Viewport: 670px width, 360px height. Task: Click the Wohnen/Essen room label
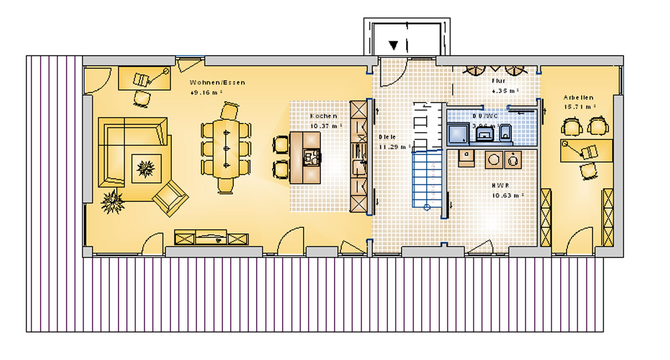click(217, 82)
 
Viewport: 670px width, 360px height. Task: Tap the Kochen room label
click(323, 116)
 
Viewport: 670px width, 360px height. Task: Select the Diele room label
click(387, 137)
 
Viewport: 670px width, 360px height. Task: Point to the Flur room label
click(498, 81)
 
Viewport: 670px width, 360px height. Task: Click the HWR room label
click(500, 185)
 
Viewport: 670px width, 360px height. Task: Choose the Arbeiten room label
click(578, 98)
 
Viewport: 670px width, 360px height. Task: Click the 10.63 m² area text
click(507, 195)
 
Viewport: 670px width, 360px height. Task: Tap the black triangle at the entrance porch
click(393, 45)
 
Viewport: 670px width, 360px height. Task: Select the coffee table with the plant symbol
click(146, 169)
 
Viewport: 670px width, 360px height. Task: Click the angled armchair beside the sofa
click(170, 198)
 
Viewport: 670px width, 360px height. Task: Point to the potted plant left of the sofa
click(112, 201)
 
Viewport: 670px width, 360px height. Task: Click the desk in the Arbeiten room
click(586, 151)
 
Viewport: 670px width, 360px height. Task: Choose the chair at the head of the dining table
click(229, 112)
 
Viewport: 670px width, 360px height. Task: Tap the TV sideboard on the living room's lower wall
click(211, 238)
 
